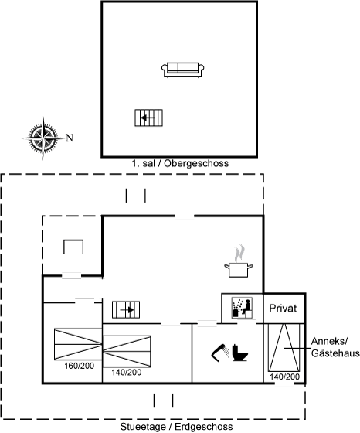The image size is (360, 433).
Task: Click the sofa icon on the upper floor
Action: tap(182, 70)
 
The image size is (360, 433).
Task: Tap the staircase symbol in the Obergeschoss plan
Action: tap(148, 118)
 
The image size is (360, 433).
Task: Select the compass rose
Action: tap(43, 138)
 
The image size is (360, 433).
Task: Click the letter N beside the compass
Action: tap(70, 138)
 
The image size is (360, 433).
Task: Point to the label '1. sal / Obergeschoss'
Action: tap(180, 163)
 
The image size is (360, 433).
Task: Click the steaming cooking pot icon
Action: tap(239, 261)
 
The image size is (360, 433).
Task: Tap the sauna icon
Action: tap(243, 308)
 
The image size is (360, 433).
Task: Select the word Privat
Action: tap(283, 309)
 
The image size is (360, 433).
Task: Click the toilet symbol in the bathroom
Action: tap(239, 353)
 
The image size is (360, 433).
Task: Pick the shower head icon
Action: tap(220, 353)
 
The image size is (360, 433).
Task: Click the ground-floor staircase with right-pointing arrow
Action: tap(126, 309)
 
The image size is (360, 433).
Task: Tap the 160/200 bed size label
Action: tap(79, 366)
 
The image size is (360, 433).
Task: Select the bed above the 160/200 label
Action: tap(78, 344)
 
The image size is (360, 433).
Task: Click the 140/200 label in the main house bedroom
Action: tap(127, 372)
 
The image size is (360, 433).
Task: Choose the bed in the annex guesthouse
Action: tap(284, 348)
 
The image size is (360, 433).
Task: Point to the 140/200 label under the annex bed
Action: tap(285, 377)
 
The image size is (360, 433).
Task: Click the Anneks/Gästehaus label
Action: tap(335, 347)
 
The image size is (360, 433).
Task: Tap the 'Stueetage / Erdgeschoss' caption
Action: tap(177, 427)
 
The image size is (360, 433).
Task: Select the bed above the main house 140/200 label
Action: tap(127, 351)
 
